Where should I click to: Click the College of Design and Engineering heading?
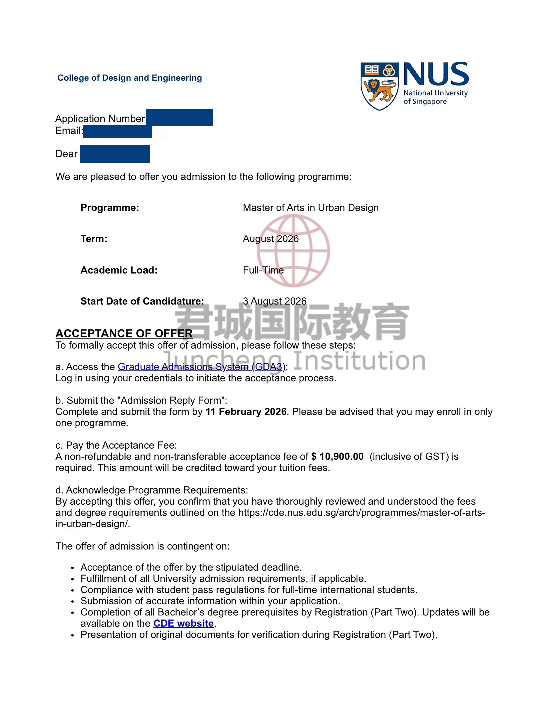[x=130, y=78]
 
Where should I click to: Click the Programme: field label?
[x=110, y=208]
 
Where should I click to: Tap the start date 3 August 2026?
[x=275, y=301]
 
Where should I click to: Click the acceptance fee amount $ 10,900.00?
[x=337, y=456]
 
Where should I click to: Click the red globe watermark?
[x=293, y=251]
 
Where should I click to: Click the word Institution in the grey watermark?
[x=359, y=361]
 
